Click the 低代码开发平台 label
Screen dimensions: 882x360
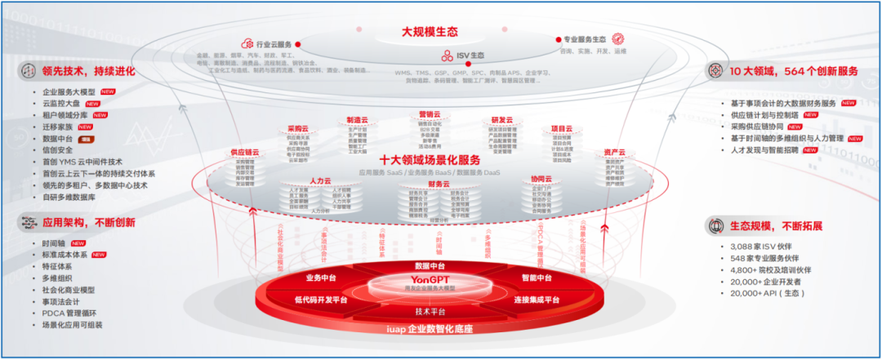[x=321, y=300]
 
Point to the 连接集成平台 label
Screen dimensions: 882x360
[x=537, y=300]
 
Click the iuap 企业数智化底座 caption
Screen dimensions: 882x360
[x=430, y=329]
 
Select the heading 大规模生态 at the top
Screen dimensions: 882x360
[x=427, y=32]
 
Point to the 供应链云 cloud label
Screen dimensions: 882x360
[x=244, y=153]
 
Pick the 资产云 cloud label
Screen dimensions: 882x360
[x=615, y=153]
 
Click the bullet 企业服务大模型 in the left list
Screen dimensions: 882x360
[x=70, y=92]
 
